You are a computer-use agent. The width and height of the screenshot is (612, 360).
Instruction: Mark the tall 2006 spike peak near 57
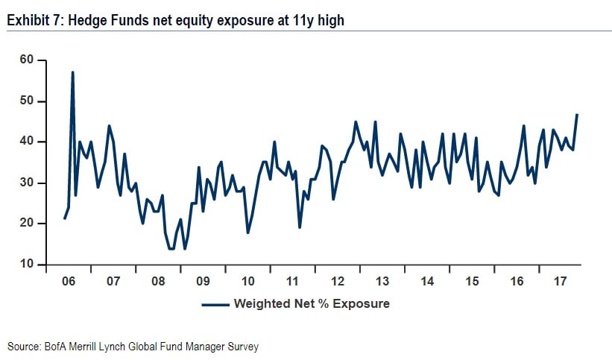pos(72,72)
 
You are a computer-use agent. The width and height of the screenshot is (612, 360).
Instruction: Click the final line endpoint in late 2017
pos(578,114)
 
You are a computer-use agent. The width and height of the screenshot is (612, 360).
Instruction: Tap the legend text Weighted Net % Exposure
pos(312,304)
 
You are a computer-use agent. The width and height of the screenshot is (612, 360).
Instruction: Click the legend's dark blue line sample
pos(215,304)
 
